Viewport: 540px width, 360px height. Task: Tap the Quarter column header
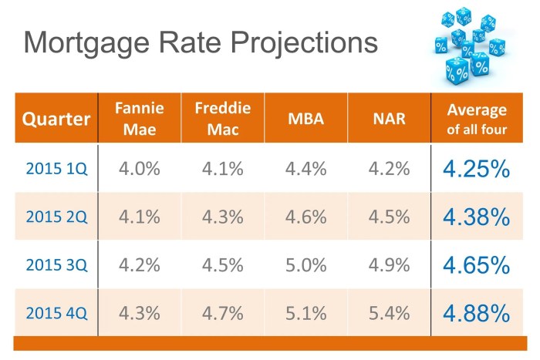(56, 119)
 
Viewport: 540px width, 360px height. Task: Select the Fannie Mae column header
(139, 119)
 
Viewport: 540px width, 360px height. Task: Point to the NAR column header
(388, 119)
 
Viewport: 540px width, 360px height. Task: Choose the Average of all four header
(477, 119)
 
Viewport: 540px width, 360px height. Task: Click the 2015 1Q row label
(56, 169)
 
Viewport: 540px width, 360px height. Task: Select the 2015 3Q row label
(56, 265)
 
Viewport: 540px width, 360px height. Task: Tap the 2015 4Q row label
(56, 313)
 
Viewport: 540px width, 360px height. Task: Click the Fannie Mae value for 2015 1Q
(139, 168)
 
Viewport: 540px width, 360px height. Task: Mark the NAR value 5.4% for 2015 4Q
(388, 313)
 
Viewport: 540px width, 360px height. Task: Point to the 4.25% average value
(477, 168)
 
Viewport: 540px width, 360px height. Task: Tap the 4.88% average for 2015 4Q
(477, 313)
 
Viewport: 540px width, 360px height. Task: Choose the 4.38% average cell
(477, 217)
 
